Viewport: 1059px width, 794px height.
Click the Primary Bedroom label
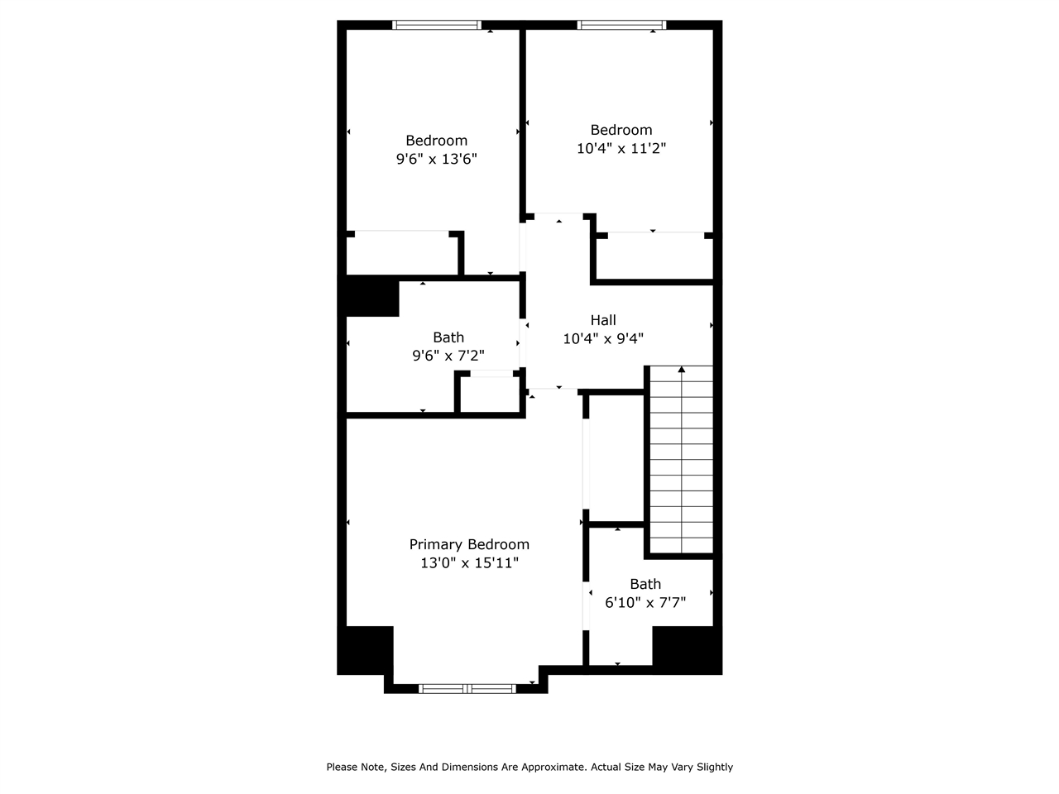pyautogui.click(x=469, y=544)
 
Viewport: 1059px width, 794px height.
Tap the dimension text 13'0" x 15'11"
pyautogui.click(x=469, y=563)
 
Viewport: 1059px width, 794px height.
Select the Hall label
pyautogui.click(x=603, y=320)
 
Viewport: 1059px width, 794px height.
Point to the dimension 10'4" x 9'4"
pyautogui.click(x=603, y=338)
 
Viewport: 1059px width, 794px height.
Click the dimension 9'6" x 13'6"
pyautogui.click(x=437, y=159)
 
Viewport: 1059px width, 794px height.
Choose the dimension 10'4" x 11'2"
pyautogui.click(x=621, y=149)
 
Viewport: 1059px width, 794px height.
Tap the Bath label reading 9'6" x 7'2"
pyautogui.click(x=448, y=337)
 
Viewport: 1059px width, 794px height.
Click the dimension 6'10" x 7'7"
pyautogui.click(x=645, y=603)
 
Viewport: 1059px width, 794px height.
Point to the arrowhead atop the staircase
pyautogui.click(x=682, y=370)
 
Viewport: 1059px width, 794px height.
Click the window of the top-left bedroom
pyautogui.click(x=437, y=25)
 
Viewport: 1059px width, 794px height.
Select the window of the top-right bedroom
pyautogui.click(x=621, y=25)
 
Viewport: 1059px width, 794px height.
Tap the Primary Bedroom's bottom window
pyautogui.click(x=467, y=688)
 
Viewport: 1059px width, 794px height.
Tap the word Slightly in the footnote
pyautogui.click(x=711, y=768)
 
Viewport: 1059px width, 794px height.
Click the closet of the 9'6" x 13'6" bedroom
pyautogui.click(x=401, y=254)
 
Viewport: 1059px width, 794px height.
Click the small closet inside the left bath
pyautogui.click(x=489, y=395)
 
